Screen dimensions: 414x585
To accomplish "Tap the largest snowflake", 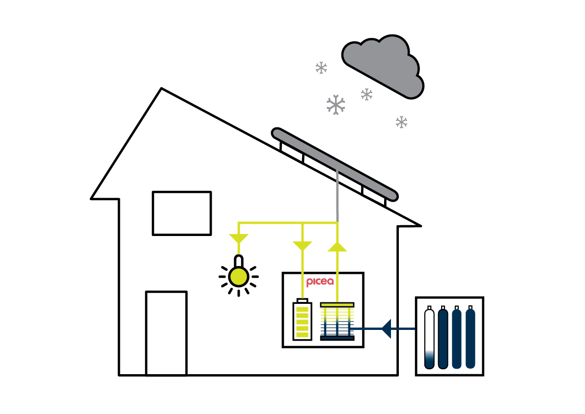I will (x=335, y=105).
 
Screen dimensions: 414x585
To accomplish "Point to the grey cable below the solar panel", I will (x=337, y=197).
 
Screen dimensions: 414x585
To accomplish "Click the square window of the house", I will (x=182, y=213).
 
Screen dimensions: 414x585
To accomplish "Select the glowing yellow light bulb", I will (x=238, y=276).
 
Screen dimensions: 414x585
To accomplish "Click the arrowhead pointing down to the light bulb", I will (x=238, y=239).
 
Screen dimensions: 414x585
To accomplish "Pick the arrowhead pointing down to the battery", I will (x=302, y=245).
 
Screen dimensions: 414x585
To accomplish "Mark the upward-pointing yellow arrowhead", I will (x=337, y=246).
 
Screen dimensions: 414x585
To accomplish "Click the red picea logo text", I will (x=320, y=282).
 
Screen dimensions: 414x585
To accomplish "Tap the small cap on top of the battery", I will (x=302, y=300).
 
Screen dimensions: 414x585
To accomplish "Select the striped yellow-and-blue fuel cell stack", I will (x=337, y=322).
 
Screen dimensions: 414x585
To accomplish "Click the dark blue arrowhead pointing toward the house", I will (x=386, y=328).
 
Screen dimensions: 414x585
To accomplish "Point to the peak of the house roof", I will (x=161, y=89).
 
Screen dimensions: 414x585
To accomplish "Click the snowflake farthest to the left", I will (x=321, y=68).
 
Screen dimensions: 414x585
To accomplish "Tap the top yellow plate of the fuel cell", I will (x=337, y=305).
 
